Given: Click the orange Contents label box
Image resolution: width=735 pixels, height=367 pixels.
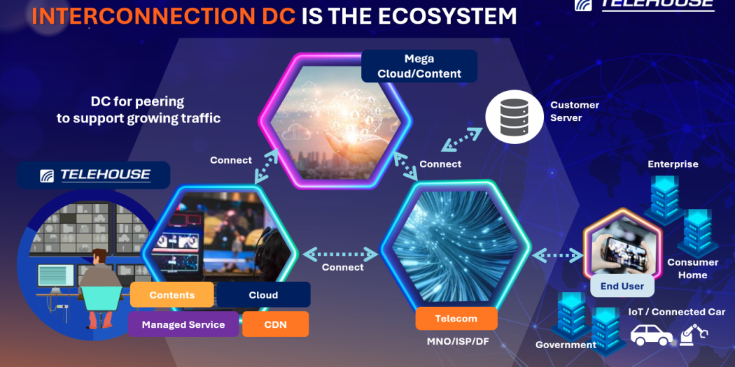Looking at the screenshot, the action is point(171,295).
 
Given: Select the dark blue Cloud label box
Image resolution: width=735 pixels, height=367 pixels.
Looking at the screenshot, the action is point(263,295).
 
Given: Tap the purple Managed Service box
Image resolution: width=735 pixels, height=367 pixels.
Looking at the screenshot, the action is point(183,324).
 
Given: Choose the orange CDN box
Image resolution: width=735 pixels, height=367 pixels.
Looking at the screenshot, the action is point(276,324).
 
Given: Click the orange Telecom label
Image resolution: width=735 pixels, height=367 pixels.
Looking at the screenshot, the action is point(456,318).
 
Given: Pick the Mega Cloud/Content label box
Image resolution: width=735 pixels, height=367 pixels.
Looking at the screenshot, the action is point(419,66).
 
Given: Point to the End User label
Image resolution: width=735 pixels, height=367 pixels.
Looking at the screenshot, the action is point(622,286).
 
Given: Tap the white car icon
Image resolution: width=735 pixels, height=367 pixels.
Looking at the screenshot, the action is point(652,334).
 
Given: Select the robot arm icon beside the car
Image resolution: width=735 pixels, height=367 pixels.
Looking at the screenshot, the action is point(693,334).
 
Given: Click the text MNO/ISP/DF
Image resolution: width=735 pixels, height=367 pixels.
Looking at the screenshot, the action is point(458,341).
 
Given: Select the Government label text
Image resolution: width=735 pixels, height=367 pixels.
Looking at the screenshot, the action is point(566,345).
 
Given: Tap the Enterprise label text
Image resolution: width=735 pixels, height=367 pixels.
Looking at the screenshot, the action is point(673,164).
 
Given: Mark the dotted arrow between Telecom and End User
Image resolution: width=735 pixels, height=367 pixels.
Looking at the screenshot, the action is point(557,256).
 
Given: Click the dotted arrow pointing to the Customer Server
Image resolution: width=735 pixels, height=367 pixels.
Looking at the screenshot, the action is point(461,140).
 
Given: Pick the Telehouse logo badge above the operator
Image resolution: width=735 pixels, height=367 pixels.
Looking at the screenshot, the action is point(93,175).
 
